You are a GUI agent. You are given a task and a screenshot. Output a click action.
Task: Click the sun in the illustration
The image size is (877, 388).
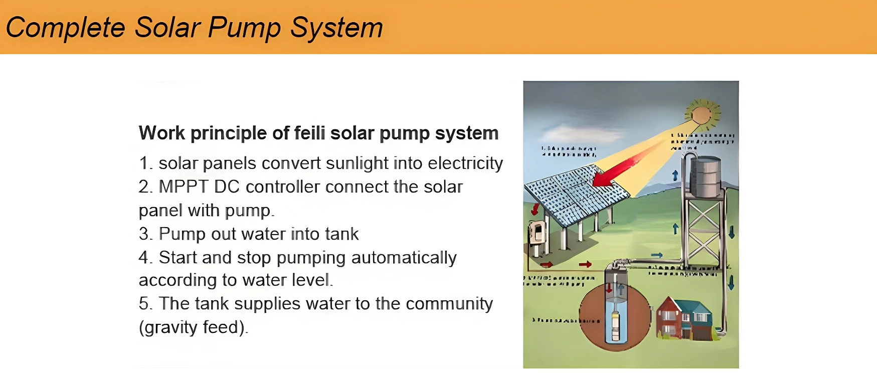701,115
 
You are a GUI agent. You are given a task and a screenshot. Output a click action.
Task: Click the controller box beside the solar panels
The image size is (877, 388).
537,233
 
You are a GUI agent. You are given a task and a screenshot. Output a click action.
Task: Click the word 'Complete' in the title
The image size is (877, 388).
65,28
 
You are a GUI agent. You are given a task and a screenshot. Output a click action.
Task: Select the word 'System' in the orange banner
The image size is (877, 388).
336,28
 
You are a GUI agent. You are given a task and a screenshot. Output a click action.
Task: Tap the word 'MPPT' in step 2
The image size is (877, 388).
184,187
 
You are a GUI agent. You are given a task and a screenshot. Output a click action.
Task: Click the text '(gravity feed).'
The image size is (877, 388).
194,327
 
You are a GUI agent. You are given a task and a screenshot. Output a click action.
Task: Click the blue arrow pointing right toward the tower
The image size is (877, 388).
656,256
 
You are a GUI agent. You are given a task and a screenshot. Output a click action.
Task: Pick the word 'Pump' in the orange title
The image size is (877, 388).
244,28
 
